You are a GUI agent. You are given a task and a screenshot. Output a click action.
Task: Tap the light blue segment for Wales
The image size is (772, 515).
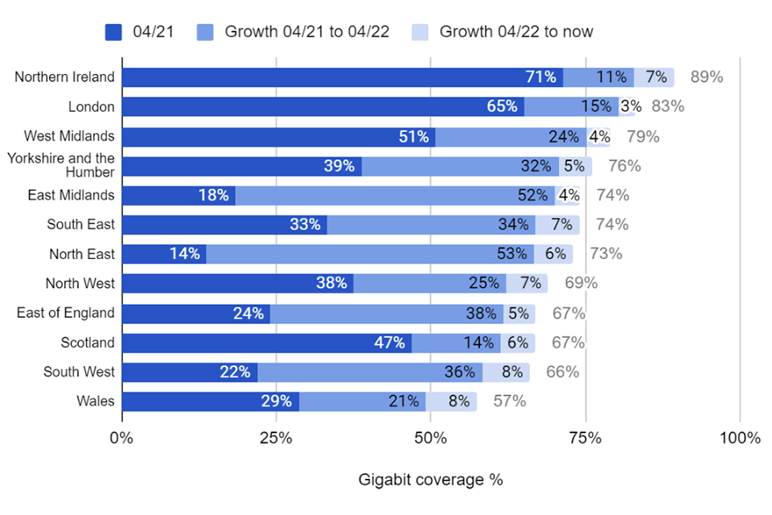(x=451, y=402)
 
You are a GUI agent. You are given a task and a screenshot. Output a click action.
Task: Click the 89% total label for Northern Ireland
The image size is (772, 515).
(x=707, y=77)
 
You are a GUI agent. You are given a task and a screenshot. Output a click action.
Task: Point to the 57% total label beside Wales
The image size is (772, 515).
(x=510, y=402)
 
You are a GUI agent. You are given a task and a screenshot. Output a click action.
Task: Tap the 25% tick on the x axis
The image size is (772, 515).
(x=277, y=439)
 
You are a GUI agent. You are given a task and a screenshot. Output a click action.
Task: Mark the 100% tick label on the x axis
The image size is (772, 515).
(x=740, y=439)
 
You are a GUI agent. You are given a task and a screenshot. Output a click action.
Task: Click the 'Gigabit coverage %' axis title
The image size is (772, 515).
(x=430, y=480)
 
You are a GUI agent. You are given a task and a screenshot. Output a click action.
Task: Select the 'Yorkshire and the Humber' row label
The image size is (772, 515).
(x=61, y=165)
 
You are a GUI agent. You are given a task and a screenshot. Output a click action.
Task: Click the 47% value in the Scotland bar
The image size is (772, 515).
(x=389, y=343)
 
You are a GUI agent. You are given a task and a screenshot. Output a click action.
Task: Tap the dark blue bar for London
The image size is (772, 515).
(x=322, y=107)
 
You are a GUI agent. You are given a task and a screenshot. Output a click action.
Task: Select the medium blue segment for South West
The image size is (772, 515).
(x=370, y=373)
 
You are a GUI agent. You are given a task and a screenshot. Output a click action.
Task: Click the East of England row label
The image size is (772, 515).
(x=66, y=313)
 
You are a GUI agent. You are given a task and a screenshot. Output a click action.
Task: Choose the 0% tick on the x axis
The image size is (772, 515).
(x=122, y=439)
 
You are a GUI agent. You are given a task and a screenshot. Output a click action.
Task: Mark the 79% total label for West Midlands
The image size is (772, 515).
(x=643, y=137)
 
